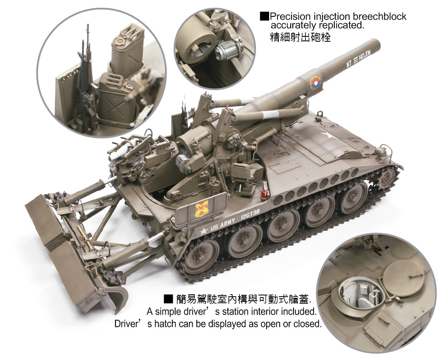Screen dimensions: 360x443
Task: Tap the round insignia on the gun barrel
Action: (x=315, y=82)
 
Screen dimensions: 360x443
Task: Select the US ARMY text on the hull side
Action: (x=223, y=224)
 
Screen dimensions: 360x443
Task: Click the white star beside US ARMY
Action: (x=203, y=231)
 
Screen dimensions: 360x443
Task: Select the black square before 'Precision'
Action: (x=264, y=17)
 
